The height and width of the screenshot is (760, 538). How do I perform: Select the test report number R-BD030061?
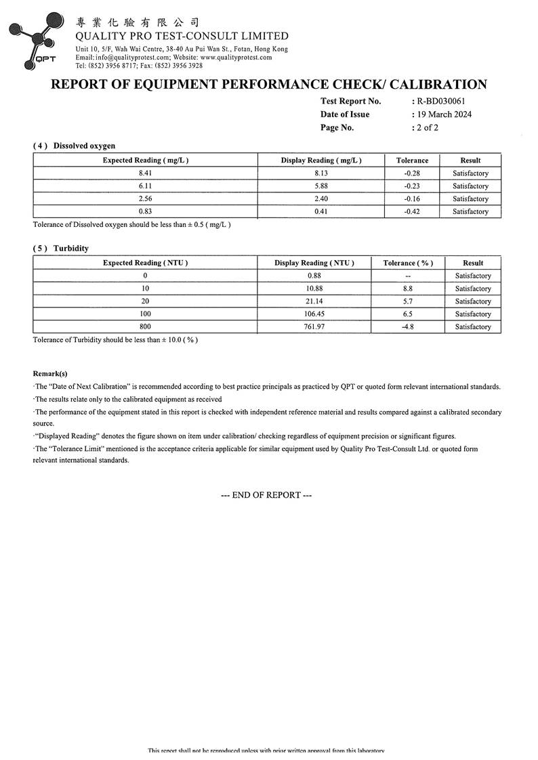coord(440,101)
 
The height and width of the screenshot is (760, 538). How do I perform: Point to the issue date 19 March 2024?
coord(444,114)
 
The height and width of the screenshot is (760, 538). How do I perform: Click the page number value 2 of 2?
coord(428,127)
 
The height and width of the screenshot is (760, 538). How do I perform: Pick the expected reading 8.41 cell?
coord(145,173)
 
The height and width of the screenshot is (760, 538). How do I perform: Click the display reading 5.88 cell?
coord(320,186)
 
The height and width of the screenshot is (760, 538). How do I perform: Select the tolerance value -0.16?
coord(412,199)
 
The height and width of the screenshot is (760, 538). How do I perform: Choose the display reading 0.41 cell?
coord(320,212)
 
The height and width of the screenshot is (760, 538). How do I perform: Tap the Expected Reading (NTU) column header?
coord(145,263)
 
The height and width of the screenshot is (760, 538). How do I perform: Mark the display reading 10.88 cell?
coord(314,289)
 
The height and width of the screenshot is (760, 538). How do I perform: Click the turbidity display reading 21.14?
coord(314,301)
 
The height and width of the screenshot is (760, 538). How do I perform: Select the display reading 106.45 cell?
coord(314,314)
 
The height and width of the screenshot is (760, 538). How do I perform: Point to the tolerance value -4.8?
coord(408,327)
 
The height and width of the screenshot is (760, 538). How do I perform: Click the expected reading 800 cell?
coord(145,327)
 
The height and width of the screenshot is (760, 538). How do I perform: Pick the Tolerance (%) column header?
coord(408,263)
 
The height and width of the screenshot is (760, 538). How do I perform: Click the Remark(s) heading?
coord(50,373)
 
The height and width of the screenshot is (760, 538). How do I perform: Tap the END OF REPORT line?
coord(266,495)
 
